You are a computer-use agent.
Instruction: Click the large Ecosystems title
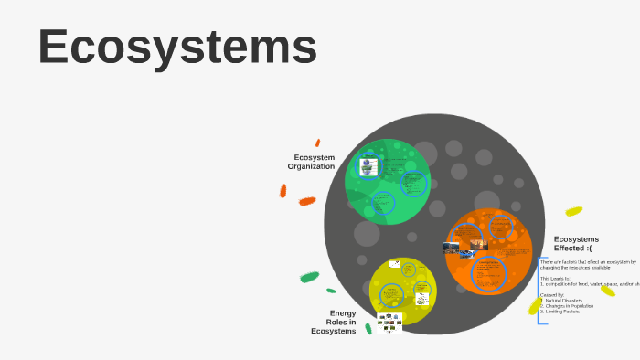click(177, 47)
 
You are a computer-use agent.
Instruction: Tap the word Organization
click(311, 166)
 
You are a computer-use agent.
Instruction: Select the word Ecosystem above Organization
click(314, 157)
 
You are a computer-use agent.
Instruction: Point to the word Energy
click(342, 312)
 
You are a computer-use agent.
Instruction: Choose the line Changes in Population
click(568, 305)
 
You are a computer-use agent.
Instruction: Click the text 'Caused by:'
click(551, 294)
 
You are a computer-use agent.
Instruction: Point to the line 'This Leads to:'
click(555, 278)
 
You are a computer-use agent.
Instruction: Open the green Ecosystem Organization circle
click(387, 181)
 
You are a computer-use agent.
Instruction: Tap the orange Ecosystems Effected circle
click(489, 251)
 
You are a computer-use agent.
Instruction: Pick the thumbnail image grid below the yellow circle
click(389, 323)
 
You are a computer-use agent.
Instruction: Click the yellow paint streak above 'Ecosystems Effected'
click(573, 211)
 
